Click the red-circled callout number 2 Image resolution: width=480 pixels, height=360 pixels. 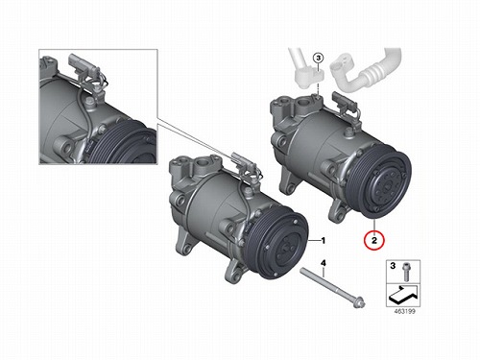point(374,240)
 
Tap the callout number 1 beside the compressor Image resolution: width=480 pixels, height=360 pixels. point(324,240)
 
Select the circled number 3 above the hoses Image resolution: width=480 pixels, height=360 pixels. point(318,59)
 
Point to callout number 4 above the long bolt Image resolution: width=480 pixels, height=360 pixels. point(324,263)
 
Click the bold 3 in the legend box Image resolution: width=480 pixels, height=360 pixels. point(393,266)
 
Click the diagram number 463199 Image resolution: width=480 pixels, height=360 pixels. point(405,311)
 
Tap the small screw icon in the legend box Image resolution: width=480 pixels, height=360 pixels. point(406,272)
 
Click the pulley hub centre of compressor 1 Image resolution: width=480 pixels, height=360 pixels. point(286,247)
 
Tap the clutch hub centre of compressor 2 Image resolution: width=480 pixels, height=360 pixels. point(387,185)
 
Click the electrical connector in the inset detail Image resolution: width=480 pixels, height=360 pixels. point(82,66)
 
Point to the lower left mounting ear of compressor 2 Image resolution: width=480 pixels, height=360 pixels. point(289,181)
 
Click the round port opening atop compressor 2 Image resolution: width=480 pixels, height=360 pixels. point(301,103)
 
